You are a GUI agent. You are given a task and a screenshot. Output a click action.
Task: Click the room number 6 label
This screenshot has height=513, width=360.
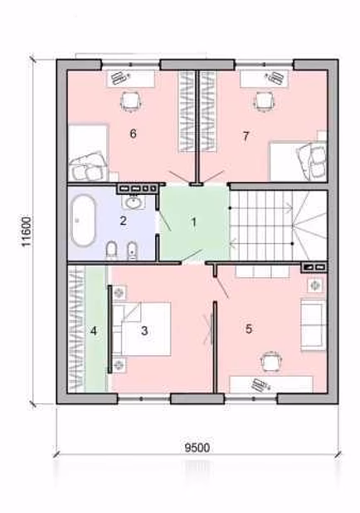pyautogui.click(x=133, y=134)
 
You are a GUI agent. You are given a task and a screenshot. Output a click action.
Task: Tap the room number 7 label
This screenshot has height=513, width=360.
pyautogui.click(x=246, y=136)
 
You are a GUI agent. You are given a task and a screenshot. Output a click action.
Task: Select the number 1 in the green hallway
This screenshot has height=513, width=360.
pyautogui.click(x=193, y=222)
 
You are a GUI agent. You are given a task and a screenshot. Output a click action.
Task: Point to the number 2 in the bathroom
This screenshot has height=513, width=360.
pyautogui.click(x=123, y=221)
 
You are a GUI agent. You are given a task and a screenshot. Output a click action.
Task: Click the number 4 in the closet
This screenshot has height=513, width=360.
pyautogui.click(x=94, y=331)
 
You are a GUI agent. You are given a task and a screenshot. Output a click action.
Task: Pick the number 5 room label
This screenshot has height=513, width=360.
pyautogui.click(x=249, y=329)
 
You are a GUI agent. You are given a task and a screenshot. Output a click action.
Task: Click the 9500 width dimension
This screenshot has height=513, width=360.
pyautogui.click(x=197, y=447)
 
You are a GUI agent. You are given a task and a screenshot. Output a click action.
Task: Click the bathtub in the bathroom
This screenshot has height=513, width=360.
pyautogui.click(x=84, y=221)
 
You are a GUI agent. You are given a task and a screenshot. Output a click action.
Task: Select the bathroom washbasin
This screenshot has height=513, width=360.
pyautogui.click(x=133, y=203)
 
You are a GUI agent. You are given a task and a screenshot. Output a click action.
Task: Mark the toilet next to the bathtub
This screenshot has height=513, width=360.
pyautogui.click(x=111, y=251)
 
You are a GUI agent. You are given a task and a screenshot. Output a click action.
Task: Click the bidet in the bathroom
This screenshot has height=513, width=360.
pyautogui.click(x=131, y=252)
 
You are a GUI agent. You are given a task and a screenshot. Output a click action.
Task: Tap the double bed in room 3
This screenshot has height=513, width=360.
pyautogui.click(x=142, y=329)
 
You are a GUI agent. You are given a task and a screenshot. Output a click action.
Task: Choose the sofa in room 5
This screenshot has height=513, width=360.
pyautogui.click(x=314, y=325)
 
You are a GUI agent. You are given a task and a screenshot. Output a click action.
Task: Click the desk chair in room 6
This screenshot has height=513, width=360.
pyautogui.click(x=131, y=101)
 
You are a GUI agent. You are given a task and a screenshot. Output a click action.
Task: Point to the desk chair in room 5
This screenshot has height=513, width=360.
pyautogui.click(x=271, y=362)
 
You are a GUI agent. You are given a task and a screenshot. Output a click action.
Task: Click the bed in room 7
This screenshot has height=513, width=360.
pyautogui.click(x=298, y=161)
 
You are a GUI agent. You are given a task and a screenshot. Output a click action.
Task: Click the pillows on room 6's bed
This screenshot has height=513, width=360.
pyautogui.click(x=88, y=165)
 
